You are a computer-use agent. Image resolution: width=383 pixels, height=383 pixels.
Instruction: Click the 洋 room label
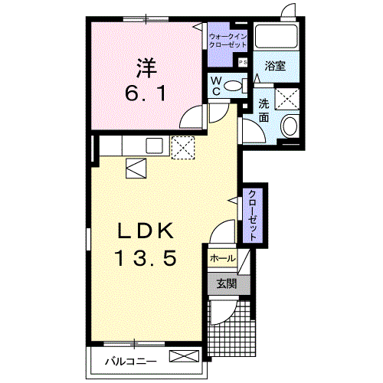pos(146,68)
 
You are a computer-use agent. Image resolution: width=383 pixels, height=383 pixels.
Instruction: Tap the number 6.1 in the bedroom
pos(146,93)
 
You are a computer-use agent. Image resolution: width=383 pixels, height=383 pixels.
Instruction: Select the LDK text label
pos(146,231)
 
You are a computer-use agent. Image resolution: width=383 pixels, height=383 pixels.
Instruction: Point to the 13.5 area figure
pos(146,258)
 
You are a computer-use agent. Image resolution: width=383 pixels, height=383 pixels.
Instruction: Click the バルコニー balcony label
pos(131,362)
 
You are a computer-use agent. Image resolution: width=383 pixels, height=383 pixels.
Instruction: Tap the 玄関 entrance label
pos(227,283)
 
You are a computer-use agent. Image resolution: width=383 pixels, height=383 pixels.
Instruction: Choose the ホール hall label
pos(222,259)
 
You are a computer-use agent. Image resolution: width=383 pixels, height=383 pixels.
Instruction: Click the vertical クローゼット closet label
pos(252,216)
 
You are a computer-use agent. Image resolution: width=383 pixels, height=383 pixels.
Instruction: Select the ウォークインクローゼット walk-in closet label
pos(228,41)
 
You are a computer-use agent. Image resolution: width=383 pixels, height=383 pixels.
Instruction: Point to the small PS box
pos(243,62)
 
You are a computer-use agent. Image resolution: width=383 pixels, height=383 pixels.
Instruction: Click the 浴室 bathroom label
pos(275,66)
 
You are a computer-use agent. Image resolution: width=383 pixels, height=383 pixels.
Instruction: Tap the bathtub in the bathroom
pos(277,36)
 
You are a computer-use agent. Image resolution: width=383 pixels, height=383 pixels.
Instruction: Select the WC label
pos(216,86)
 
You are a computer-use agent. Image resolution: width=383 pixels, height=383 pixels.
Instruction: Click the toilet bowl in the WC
pos(234,86)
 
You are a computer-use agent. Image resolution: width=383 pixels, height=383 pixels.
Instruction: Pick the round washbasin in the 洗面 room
pos(290,126)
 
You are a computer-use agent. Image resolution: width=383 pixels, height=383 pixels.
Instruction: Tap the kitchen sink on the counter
pos(154,146)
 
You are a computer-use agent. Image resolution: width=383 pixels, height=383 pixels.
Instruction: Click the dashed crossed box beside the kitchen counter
pos(183,148)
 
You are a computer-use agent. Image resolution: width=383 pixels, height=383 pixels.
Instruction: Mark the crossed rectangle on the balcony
pos(184,356)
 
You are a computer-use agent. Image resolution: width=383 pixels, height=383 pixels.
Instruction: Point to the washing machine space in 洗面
pos(287,99)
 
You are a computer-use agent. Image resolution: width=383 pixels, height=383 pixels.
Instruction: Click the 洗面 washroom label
pos(264,110)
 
